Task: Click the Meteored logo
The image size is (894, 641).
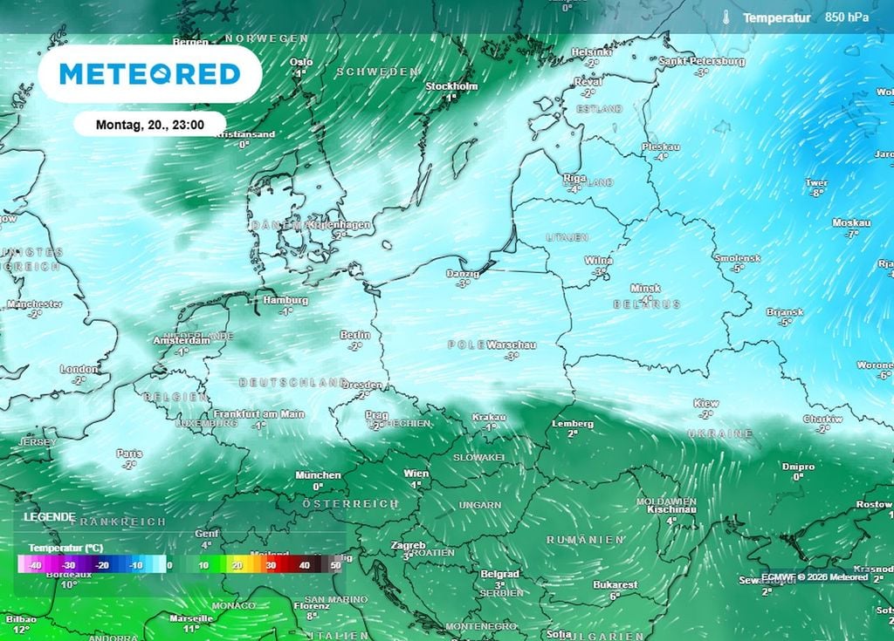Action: [149, 74]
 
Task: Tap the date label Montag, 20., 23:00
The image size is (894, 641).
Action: [149, 125]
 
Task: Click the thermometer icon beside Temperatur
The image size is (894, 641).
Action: [726, 17]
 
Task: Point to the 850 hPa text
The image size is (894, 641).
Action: [847, 17]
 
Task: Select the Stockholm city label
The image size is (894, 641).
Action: [451, 86]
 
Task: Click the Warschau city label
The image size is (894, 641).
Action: [512, 344]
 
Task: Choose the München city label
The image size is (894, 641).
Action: [319, 475]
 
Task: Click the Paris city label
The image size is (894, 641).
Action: [130, 453]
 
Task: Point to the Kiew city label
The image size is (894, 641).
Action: [705, 403]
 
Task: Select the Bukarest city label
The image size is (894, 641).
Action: [615, 584]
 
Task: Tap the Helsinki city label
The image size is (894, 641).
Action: [591, 52]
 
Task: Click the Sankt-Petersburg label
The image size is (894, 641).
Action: [702, 61]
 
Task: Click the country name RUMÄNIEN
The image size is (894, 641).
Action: [585, 540]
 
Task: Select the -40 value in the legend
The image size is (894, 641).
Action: [36, 565]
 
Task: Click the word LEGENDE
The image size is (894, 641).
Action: [49, 516]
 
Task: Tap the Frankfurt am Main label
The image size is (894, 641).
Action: [258, 414]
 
